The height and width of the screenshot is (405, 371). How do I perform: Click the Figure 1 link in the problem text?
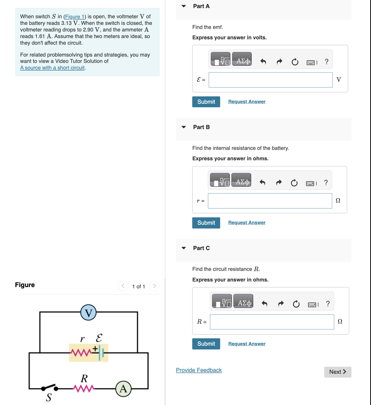(75, 17)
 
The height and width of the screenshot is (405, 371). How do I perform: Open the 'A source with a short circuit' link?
(52, 68)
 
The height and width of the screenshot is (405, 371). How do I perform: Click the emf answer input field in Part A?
(270, 80)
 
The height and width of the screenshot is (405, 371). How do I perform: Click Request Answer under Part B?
(247, 222)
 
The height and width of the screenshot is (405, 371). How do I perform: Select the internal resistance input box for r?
(270, 201)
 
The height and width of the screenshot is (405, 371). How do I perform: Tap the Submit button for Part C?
(206, 344)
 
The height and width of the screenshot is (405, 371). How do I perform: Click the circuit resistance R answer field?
(272, 322)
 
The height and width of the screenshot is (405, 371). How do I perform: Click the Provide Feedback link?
(199, 370)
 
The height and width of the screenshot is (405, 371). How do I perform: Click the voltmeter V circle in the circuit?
(88, 312)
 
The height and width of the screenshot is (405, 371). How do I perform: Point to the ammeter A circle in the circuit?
(123, 389)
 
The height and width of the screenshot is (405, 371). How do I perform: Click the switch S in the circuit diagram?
(50, 388)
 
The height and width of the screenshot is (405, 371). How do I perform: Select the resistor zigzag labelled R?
(84, 388)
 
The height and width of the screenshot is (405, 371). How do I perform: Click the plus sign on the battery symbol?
(95, 349)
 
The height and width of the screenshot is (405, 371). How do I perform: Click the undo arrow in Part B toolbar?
(262, 183)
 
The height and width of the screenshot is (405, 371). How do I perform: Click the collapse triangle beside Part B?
(184, 127)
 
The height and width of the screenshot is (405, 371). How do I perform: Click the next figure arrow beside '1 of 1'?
(154, 286)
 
